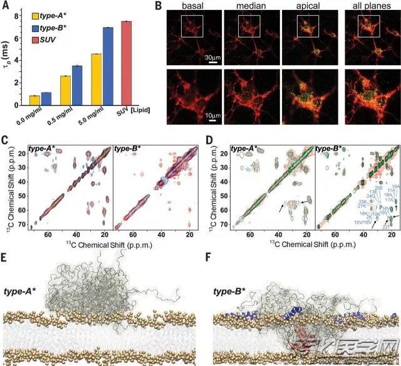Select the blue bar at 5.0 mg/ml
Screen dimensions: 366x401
[108, 66]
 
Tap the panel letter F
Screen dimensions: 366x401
[208, 257]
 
